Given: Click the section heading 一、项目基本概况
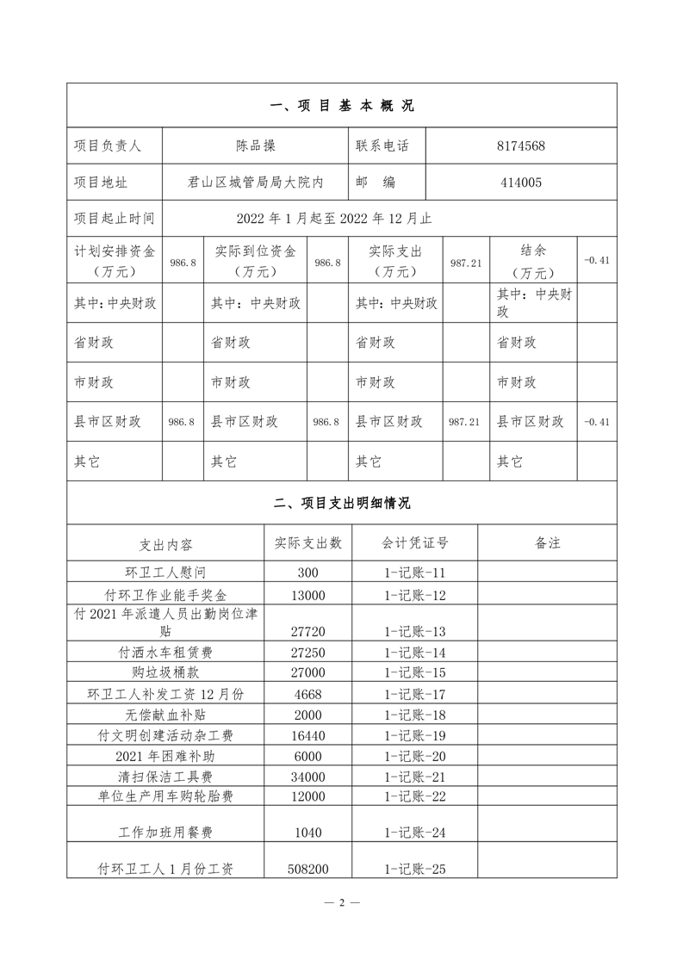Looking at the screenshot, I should [342, 106].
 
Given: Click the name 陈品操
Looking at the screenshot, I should [256, 146].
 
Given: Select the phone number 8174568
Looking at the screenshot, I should [521, 146].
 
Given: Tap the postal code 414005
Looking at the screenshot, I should [521, 183].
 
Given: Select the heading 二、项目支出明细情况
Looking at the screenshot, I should [342, 504].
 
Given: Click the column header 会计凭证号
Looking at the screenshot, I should [415, 543].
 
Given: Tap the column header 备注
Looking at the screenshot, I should [548, 543].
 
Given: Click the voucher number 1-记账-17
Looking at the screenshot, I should [415, 694].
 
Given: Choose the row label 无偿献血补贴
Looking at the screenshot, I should [165, 715].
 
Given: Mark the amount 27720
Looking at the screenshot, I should [307, 631].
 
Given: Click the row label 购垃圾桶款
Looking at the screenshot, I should [165, 672].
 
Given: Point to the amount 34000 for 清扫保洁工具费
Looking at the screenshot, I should [307, 777].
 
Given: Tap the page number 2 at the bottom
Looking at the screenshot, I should [342, 902].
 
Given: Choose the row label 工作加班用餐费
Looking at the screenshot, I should [165, 833].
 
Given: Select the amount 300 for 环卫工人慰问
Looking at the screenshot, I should [307, 573].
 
